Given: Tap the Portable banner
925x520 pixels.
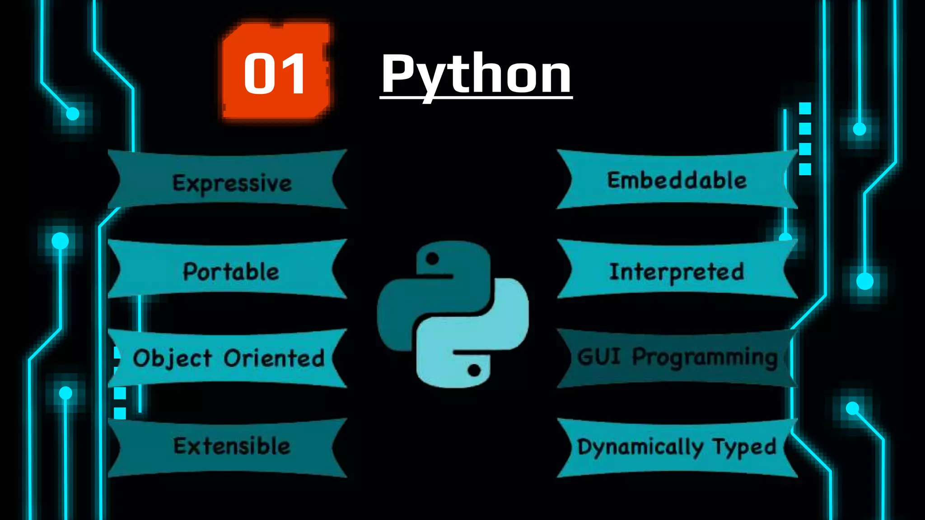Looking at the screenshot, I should (231, 271).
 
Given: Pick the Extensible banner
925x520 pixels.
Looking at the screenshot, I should (232, 446).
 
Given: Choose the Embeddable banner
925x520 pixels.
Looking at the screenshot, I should (677, 180).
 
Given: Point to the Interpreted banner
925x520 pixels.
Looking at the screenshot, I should (677, 271).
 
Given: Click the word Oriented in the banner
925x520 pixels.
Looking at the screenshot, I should (274, 358).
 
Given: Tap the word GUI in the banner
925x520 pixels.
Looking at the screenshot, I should (599, 357).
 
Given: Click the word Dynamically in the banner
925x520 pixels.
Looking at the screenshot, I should (640, 447).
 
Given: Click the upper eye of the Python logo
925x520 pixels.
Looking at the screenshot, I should (432, 259).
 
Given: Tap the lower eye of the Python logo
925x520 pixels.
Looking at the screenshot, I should (474, 370).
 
